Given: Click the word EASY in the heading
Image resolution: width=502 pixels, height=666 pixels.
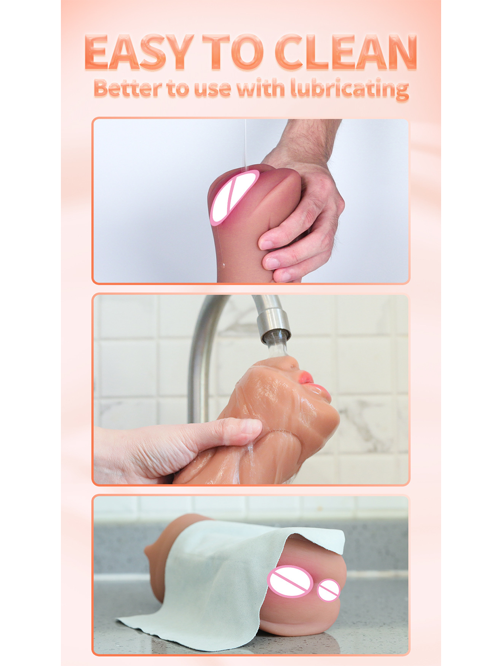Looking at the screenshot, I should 139,52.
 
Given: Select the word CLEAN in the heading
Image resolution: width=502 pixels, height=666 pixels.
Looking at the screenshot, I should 346,52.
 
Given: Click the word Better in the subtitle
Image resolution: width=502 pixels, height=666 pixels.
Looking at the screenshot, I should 127,88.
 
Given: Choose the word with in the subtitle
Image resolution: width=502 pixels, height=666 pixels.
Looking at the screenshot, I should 260,88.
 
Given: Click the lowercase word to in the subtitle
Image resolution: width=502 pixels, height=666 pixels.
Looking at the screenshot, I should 178,88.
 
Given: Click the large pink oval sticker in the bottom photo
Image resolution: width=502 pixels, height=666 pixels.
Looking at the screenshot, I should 290,581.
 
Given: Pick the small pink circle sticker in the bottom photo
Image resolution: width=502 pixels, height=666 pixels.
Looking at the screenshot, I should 329,590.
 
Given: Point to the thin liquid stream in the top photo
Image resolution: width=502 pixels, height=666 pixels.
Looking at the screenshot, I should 245,140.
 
